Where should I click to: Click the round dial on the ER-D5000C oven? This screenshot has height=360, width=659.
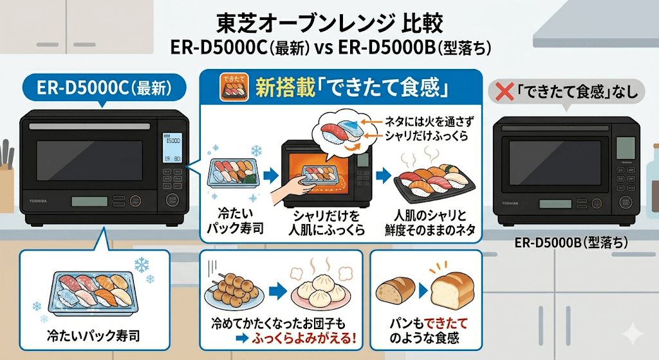(172, 200)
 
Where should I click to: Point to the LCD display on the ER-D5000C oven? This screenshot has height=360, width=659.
(173, 149)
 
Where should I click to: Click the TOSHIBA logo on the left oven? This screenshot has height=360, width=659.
(38, 202)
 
